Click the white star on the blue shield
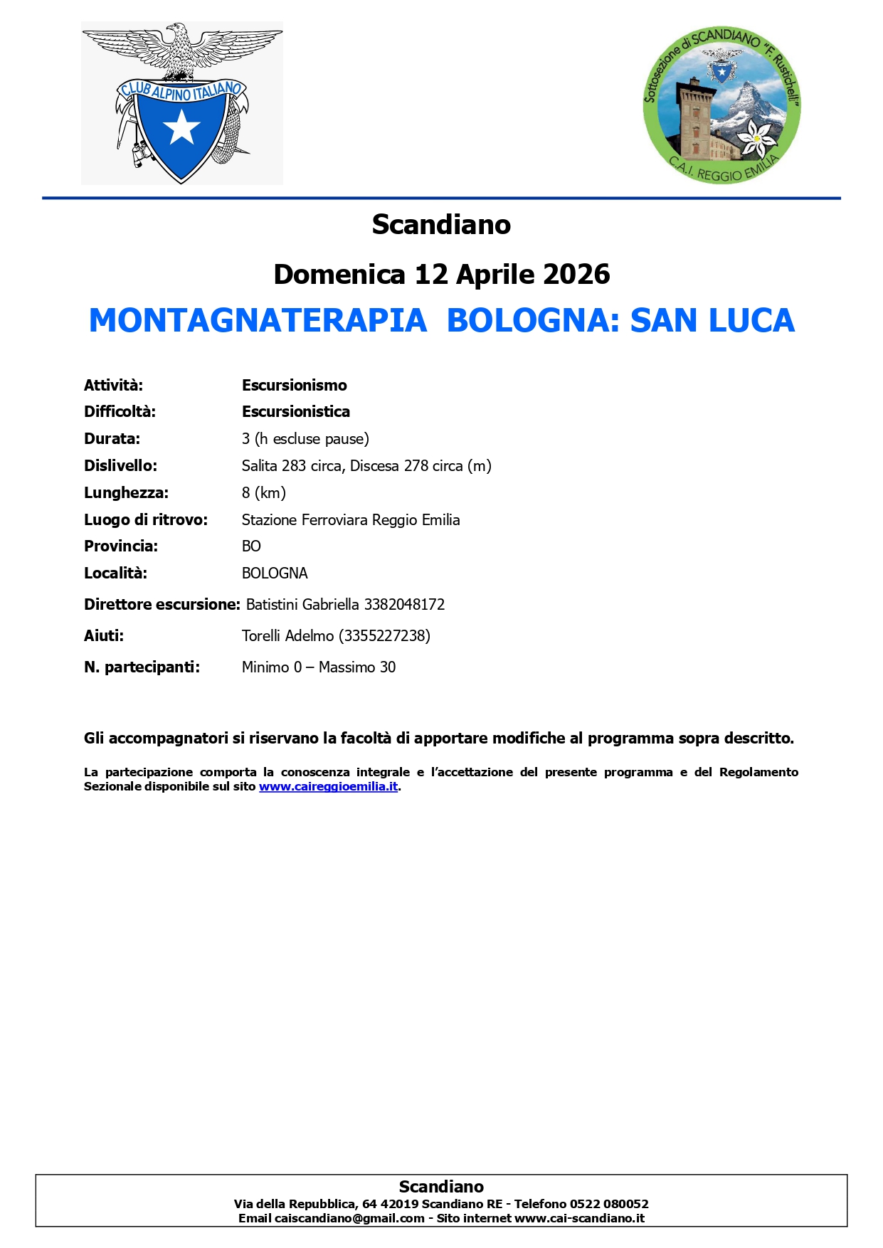pos(181,128)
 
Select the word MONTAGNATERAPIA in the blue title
pos(258,320)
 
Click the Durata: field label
pos(112,439)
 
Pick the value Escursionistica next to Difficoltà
pos(296,412)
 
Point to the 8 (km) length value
pos(264,493)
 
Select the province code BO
pos(251,546)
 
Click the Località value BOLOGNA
pos(275,573)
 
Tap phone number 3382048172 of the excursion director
pos(404,605)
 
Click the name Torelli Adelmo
pos(287,636)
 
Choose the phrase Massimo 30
pos(357,667)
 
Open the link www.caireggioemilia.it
pos(328,787)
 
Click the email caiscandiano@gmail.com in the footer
pos(349,1218)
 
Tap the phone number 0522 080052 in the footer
pos(609,1204)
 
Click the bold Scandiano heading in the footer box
pos(441,1187)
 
